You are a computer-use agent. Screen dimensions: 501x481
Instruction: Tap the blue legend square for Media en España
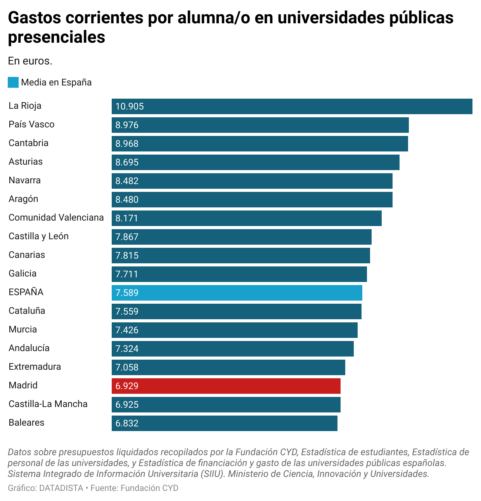[13, 82]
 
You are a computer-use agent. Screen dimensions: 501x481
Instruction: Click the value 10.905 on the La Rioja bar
[130, 106]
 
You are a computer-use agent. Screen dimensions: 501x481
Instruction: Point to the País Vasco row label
[31, 124]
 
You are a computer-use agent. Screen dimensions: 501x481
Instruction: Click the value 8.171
[127, 218]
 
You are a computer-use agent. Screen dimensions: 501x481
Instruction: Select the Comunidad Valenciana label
[56, 217]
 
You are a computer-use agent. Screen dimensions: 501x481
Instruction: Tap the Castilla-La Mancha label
[48, 404]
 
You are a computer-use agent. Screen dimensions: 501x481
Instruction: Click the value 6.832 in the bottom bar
[127, 423]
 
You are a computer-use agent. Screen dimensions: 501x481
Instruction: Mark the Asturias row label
[26, 162]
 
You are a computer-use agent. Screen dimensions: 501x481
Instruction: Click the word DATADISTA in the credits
[61, 488]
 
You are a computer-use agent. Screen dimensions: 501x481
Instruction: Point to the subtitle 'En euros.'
[30, 61]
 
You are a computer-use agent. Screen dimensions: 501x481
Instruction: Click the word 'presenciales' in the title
[57, 37]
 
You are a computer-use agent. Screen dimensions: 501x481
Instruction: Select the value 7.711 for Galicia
[127, 274]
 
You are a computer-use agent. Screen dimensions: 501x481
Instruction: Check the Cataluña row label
[27, 311]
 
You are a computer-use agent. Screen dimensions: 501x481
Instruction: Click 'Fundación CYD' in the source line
[149, 488]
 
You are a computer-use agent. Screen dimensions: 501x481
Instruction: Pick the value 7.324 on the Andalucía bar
[127, 349]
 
